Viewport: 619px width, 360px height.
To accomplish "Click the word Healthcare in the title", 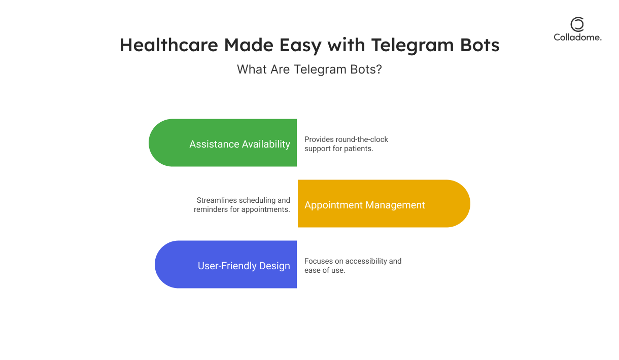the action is click(169, 45).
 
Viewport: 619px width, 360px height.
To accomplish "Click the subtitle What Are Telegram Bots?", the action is click(309, 69).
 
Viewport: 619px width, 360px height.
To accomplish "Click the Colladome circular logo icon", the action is click(577, 24).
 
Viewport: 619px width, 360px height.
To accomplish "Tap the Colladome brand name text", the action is click(577, 38).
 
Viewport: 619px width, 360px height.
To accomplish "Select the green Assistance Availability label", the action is click(239, 144).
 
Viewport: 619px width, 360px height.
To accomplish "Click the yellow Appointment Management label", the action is click(364, 205).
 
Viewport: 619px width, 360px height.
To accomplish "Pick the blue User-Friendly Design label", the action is click(244, 266).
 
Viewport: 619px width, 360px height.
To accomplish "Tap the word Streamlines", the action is click(216, 200).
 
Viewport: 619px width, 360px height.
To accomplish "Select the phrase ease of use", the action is click(325, 270).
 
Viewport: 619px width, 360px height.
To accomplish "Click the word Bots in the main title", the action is click(480, 45).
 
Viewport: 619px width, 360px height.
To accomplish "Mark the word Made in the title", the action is click(249, 45).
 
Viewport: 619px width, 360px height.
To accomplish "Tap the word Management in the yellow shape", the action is click(395, 205).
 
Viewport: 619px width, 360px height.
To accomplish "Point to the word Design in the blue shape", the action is click(274, 266).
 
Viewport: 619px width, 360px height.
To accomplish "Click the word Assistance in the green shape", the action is click(214, 144).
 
